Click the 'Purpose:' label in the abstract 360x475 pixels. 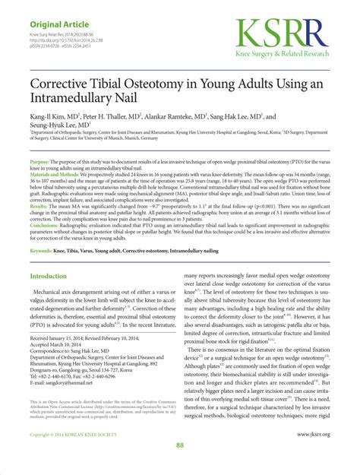pyautogui.click(x=39, y=163)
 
